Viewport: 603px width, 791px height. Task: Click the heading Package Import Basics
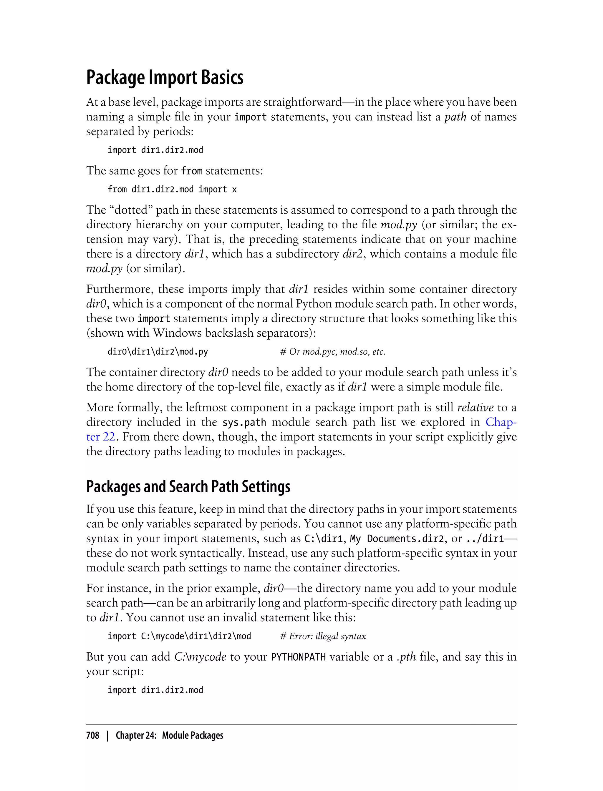165,77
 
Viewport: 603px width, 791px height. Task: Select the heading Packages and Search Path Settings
188,487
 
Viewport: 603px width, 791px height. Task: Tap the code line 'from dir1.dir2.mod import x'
172,190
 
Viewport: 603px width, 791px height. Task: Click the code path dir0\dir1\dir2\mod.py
158,352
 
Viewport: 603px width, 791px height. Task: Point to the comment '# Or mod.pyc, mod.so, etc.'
332,352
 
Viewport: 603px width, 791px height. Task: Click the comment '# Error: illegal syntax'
323,637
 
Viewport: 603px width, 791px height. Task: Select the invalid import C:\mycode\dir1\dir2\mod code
180,637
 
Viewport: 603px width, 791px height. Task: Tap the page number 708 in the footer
93,735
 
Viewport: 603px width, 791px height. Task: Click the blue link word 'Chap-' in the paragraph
501,422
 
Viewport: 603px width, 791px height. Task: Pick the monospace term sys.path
244,423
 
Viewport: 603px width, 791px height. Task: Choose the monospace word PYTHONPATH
298,657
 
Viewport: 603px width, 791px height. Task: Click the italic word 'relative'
475,408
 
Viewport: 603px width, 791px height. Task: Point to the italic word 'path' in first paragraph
455,117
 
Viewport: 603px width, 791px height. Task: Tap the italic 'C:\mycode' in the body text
200,657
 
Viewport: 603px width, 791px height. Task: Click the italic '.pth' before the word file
406,657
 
